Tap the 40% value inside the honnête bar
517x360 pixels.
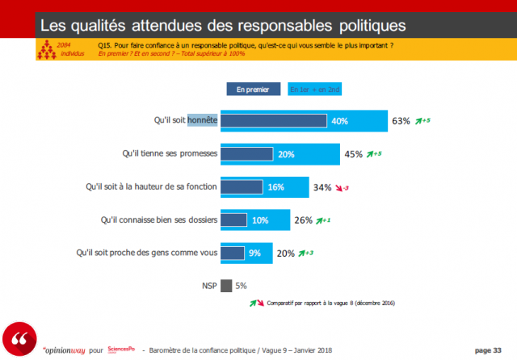coord(339,121)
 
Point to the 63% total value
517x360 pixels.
coord(401,122)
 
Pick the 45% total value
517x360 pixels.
coord(353,154)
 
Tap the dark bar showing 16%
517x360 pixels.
coord(242,187)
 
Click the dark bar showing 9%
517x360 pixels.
coord(233,253)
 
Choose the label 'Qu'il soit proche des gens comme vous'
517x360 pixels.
coord(148,253)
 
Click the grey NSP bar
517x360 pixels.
coord(226,285)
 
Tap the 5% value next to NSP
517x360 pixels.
coord(241,285)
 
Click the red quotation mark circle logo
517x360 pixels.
coord(19,337)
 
